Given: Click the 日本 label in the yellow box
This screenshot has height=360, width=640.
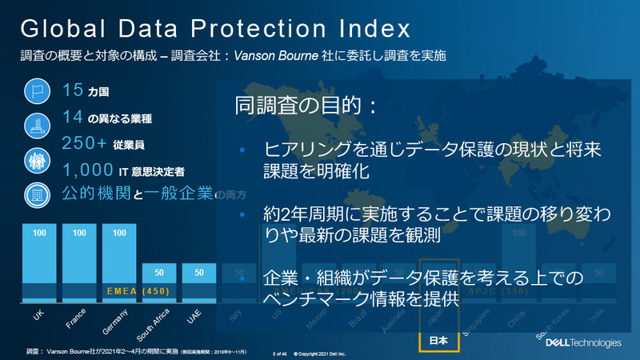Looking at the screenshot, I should click(439, 340).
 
